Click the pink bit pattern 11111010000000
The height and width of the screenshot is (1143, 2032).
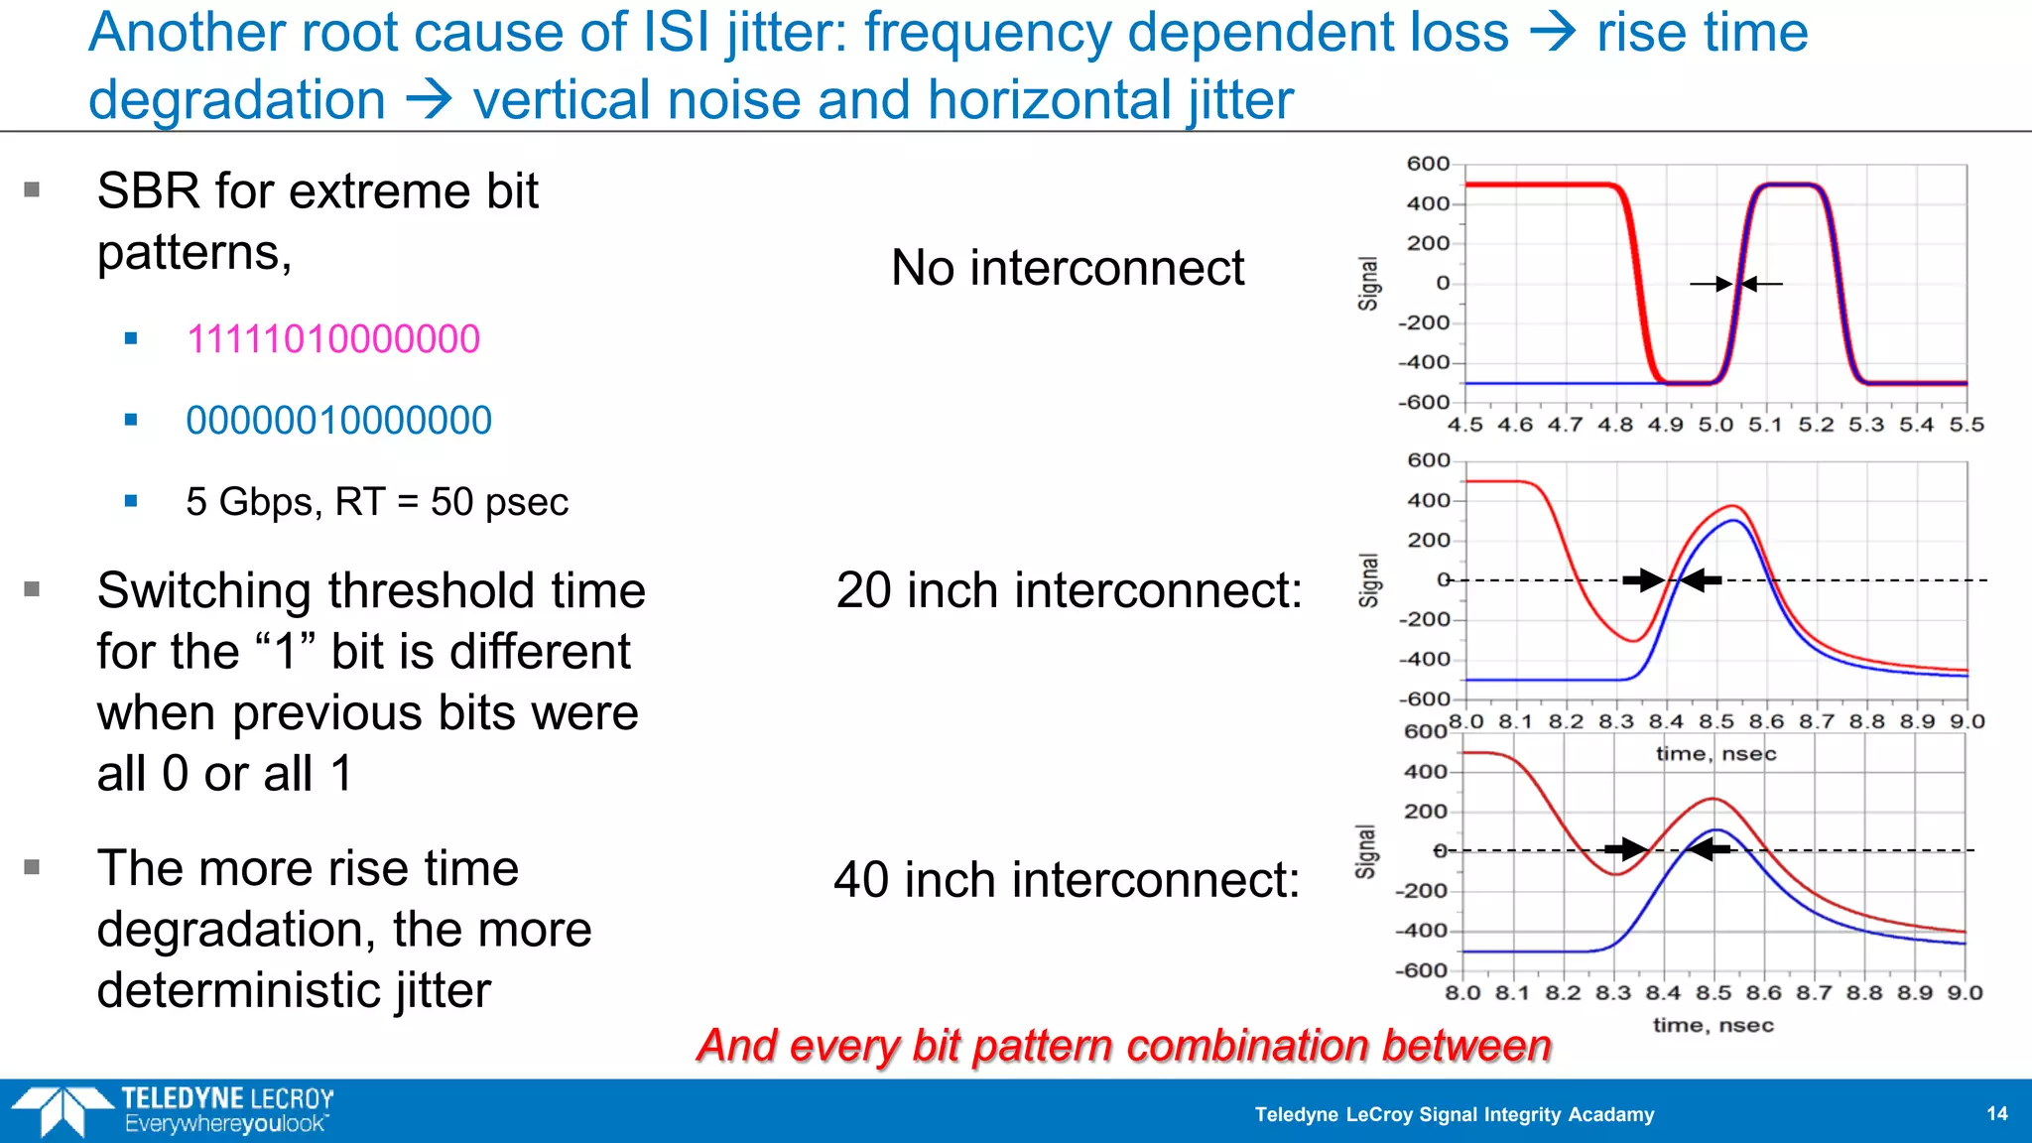[x=332, y=339]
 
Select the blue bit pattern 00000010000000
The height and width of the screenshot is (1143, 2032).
[x=338, y=421]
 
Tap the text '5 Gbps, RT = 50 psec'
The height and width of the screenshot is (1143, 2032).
[x=377, y=502]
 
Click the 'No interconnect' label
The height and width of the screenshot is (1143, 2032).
[x=1068, y=268]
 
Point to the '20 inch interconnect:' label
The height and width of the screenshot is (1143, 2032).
[x=1069, y=590]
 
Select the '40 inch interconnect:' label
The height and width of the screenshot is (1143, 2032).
[x=1067, y=880]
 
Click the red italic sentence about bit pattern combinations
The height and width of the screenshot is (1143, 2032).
[x=1124, y=1046]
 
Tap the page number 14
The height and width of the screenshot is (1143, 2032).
[x=1997, y=1113]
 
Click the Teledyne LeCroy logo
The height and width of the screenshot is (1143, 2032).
[x=174, y=1110]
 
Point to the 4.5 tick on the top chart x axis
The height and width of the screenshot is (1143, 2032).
[x=1464, y=425]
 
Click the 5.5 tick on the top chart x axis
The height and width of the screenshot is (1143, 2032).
[x=1967, y=425]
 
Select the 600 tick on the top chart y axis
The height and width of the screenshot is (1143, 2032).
[x=1428, y=164]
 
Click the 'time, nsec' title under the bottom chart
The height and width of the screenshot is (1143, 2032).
[x=1713, y=1025]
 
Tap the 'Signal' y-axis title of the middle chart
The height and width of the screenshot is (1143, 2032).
[x=1369, y=580]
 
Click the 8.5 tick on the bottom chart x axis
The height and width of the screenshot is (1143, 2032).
[x=1714, y=993]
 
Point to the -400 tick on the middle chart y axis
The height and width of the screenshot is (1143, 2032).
[x=1425, y=659]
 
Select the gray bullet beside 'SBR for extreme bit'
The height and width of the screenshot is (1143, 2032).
[x=32, y=190]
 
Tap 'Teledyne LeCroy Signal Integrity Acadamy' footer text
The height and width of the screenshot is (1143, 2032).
[x=1455, y=1114]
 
